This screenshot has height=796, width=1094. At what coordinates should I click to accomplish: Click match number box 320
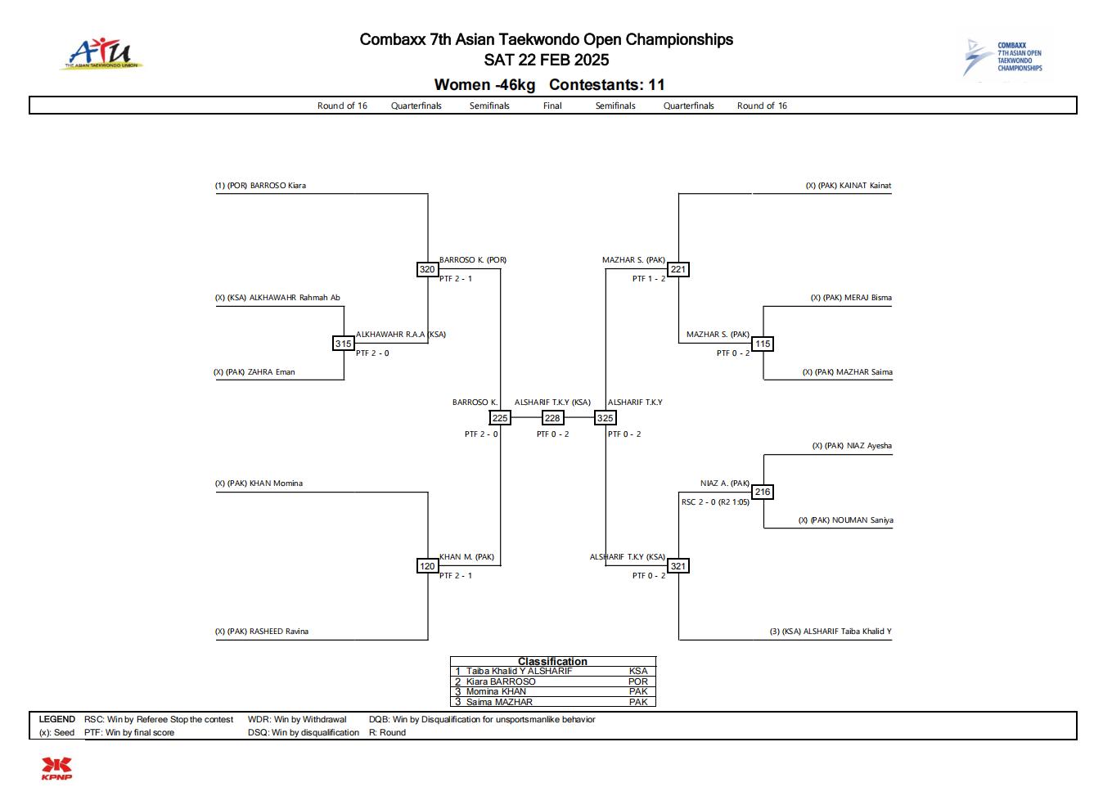(427, 269)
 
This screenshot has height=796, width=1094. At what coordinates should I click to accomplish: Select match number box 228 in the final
(552, 418)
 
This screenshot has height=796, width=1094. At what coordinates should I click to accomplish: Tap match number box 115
(763, 344)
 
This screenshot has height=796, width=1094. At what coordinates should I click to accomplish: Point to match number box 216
(763, 492)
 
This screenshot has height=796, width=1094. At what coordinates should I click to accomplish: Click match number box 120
(427, 566)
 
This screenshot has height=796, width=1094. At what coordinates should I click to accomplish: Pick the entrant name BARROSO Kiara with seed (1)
(260, 186)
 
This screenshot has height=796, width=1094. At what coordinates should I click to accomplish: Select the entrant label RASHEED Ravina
(262, 632)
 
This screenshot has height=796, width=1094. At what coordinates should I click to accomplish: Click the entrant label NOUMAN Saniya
(846, 520)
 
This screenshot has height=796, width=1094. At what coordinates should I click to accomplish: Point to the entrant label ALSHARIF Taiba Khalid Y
(831, 632)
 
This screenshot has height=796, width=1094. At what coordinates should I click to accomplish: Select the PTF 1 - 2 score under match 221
(649, 279)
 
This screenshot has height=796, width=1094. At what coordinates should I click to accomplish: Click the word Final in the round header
(552, 106)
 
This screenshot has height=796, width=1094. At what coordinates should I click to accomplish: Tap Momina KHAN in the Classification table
(496, 691)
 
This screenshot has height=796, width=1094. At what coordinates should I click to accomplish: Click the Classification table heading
(552, 661)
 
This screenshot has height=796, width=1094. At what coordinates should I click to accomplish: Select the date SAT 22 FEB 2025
(547, 60)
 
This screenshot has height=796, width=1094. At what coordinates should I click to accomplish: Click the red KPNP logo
(56, 769)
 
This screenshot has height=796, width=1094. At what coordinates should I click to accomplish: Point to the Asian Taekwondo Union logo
(102, 54)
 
